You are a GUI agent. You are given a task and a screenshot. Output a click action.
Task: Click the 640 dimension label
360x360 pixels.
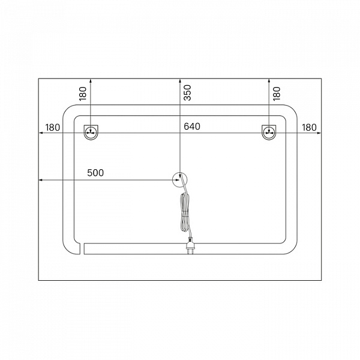pyautogui.click(x=192, y=126)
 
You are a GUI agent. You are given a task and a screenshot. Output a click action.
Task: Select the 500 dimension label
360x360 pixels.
pyautogui.click(x=95, y=173)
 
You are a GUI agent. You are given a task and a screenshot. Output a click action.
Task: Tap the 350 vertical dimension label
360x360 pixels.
pyautogui.click(x=188, y=92)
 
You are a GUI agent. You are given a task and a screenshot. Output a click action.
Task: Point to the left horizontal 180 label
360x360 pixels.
pyautogui.click(x=53, y=127)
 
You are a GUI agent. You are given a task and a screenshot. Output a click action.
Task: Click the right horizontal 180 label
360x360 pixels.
pyautogui.click(x=309, y=127)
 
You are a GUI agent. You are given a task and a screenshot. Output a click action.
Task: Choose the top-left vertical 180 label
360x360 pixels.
pyautogui.click(x=83, y=94)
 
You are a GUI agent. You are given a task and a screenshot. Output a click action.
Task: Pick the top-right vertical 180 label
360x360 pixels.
pyautogui.click(x=277, y=94)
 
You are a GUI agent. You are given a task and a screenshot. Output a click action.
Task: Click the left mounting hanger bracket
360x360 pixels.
pyautogui.click(x=91, y=132)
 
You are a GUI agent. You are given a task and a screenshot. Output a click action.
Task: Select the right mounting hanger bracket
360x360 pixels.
pyautogui.click(x=269, y=132)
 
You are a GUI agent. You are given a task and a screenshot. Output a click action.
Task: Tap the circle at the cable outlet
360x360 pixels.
pyautogui.click(x=180, y=173)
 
